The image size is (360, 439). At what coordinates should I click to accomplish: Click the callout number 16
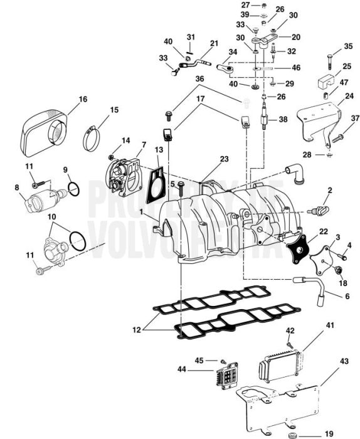pyautogui.click(x=83, y=99)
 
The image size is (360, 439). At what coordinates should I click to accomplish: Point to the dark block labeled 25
pyautogui.click(x=324, y=82)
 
